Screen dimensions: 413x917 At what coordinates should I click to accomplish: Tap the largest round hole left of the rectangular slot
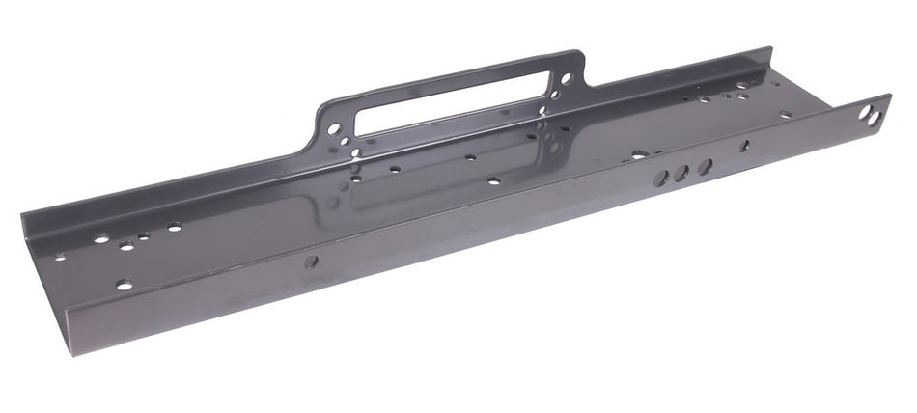[334, 127]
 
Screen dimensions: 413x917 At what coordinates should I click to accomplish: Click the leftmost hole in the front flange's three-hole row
[663, 179]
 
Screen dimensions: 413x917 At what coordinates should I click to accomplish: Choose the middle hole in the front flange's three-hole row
[683, 174]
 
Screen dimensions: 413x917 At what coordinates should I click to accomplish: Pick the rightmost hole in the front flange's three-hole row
[705, 167]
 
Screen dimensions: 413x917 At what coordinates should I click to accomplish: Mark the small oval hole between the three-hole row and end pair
[744, 147]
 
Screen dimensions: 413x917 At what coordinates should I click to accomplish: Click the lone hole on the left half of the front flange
[311, 262]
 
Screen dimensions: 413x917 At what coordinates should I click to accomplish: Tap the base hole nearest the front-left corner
[124, 285]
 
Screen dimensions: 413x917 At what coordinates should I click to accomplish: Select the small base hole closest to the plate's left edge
[60, 258]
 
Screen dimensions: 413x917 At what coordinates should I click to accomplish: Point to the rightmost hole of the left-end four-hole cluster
[174, 228]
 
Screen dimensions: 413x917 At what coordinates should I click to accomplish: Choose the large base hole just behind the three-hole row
[638, 153]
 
